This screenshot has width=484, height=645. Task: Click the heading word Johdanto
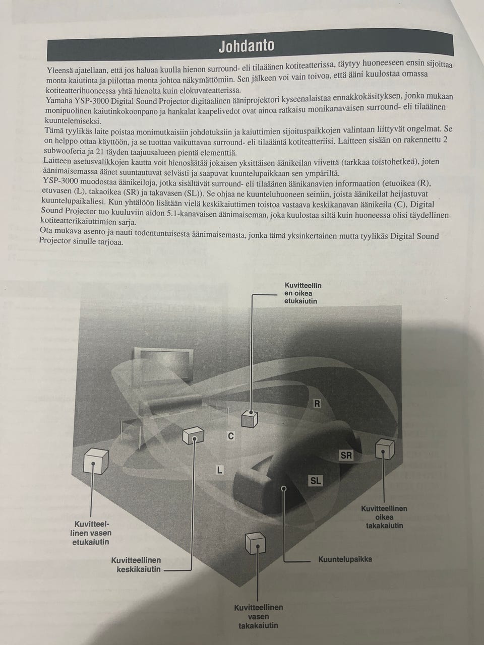click(x=246, y=45)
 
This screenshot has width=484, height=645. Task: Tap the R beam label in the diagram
click(x=317, y=404)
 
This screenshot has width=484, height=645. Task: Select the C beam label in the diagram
click(x=231, y=436)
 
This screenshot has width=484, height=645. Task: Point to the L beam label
click(x=219, y=470)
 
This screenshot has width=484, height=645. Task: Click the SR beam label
click(x=346, y=455)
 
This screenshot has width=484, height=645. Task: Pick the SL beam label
click(x=316, y=481)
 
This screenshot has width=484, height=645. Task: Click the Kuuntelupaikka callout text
click(x=345, y=559)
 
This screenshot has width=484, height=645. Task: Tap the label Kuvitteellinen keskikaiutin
click(x=136, y=564)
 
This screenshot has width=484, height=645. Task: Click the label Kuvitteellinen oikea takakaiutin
click(x=384, y=517)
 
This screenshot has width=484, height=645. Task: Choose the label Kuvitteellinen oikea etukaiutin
click(x=302, y=293)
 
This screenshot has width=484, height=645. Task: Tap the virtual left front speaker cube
click(x=96, y=461)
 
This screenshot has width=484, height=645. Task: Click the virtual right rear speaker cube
click(x=385, y=448)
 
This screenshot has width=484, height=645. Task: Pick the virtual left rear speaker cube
click(x=255, y=543)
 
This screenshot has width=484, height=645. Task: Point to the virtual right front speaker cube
click(x=250, y=419)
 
